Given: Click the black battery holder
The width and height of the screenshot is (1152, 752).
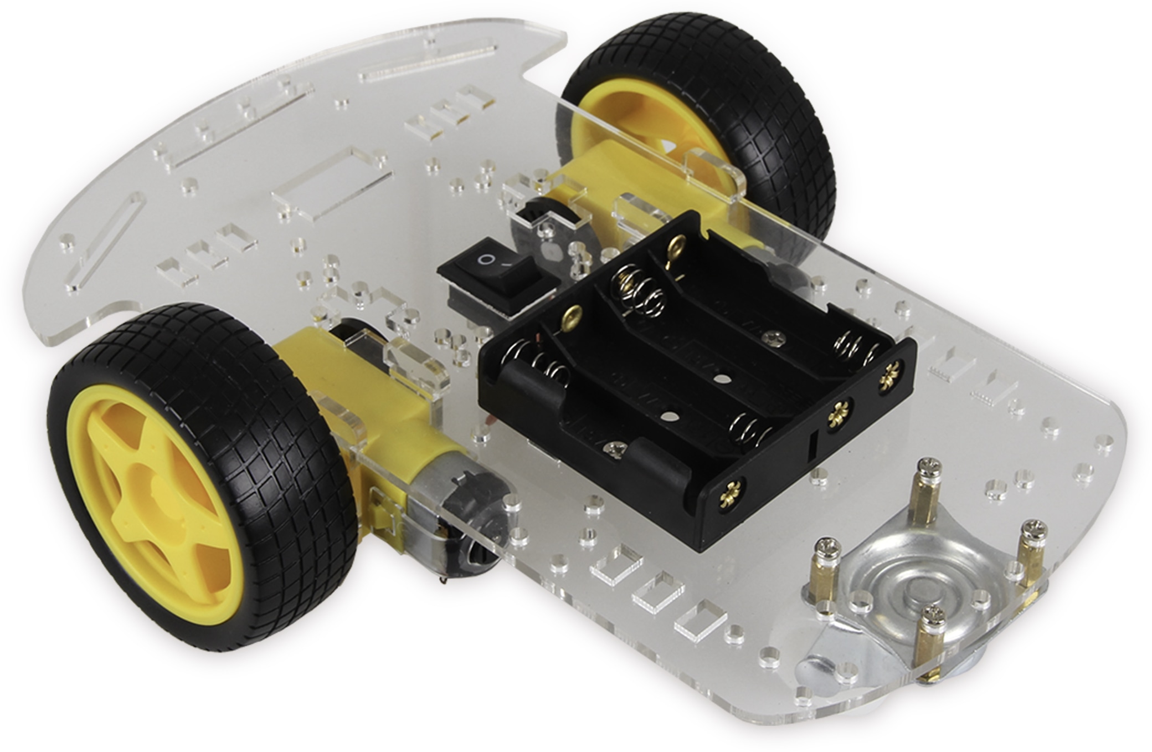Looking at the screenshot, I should [x=692, y=388].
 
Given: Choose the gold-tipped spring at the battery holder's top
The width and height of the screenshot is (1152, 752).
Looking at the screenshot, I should [x=637, y=288].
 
